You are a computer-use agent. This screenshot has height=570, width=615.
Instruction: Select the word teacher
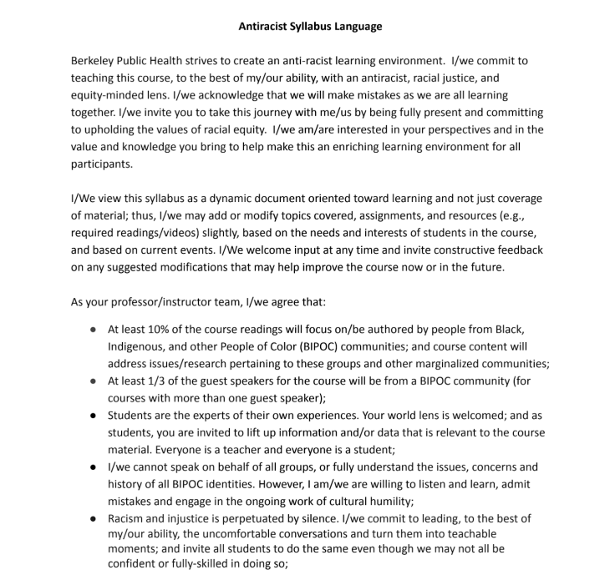[249, 449]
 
